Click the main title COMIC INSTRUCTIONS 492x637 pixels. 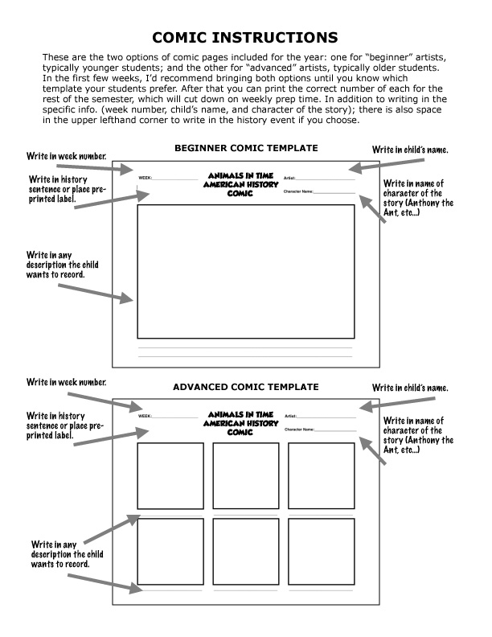point(246,37)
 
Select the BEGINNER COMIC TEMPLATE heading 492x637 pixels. point(246,148)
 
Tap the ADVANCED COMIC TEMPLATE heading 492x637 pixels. point(246,387)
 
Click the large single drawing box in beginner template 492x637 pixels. point(246,271)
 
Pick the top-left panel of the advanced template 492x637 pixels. point(170,475)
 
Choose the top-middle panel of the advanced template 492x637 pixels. point(245,475)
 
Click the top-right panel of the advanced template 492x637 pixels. point(321,475)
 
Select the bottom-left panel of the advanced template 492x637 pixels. point(170,552)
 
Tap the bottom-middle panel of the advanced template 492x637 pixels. point(245,552)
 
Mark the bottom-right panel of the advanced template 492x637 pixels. point(321,552)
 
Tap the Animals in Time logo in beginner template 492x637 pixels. point(241,184)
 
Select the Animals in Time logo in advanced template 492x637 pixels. point(241,422)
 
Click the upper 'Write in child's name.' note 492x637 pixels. point(432,150)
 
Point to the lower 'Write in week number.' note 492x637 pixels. point(66,381)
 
